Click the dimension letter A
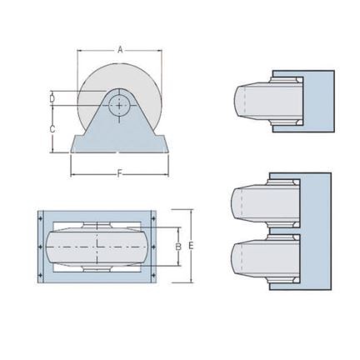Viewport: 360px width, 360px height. pyautogui.click(x=120, y=51)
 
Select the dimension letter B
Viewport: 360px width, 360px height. pyautogui.click(x=177, y=247)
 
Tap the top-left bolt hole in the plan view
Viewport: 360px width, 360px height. pyautogui.click(x=42, y=218)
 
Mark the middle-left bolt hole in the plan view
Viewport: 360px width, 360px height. pyautogui.click(x=42, y=248)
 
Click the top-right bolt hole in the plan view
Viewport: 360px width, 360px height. pyautogui.click(x=155, y=218)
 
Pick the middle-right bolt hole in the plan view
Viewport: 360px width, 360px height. pyautogui.click(x=155, y=248)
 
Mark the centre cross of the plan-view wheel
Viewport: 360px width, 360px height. pyautogui.click(x=98, y=248)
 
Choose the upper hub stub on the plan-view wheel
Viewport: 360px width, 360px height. pyautogui.click(x=98, y=225)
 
